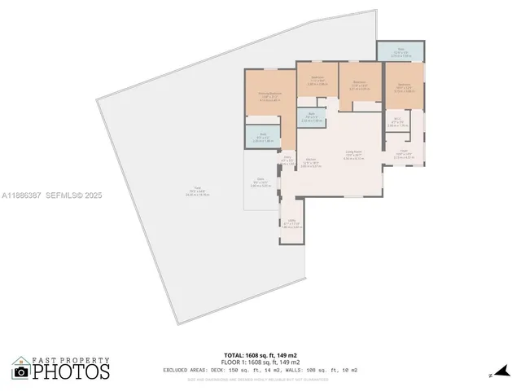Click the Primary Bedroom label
[x=269, y=96]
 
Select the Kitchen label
[x=310, y=161]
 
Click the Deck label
[x=260, y=181]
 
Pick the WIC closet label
[x=396, y=123]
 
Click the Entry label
[x=287, y=160]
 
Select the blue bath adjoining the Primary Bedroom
[x=262, y=136]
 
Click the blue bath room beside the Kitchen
[x=310, y=117]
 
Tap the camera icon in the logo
[x=21, y=371]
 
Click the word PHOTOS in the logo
[x=71, y=371]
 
